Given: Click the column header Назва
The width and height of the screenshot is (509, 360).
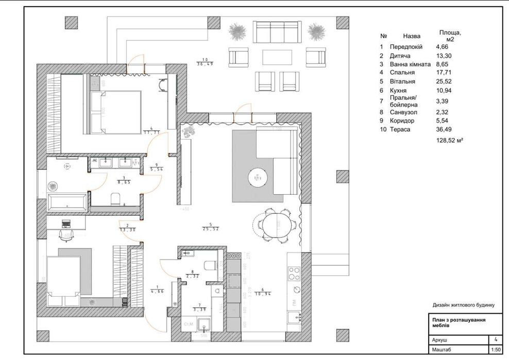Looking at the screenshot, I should click(x=412, y=37).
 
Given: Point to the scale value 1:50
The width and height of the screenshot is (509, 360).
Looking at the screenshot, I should click(x=496, y=350).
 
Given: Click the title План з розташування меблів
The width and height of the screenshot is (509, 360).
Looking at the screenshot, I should click(x=455, y=322).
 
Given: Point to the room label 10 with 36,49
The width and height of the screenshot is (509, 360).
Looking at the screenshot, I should click(x=205, y=61).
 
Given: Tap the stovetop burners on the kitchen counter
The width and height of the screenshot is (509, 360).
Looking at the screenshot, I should click(x=294, y=271).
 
